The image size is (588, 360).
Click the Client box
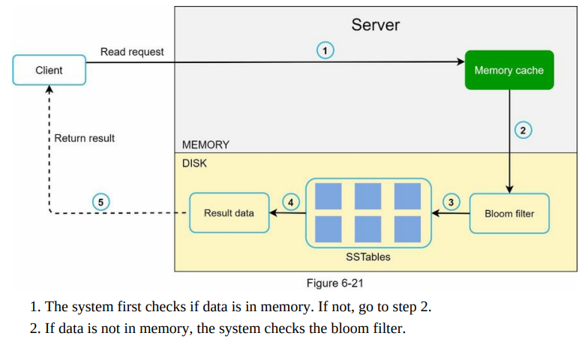tap(49, 70)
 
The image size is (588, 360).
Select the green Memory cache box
tap(509, 70)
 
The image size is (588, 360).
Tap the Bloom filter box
tap(509, 213)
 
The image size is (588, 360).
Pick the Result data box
tap(229, 213)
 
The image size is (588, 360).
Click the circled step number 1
tap(325, 51)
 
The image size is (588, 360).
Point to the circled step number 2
tap(523, 130)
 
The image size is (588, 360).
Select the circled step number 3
tap(451, 202)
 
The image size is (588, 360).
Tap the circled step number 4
tap(291, 202)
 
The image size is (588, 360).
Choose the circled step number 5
tap(100, 202)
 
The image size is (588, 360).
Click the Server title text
tap(375, 25)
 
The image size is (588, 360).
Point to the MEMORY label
tap(205, 145)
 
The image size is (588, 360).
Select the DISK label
tap(194, 163)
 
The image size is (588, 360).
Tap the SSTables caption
tap(367, 256)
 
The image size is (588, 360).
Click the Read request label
tap(132, 52)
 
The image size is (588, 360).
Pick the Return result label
tap(84, 138)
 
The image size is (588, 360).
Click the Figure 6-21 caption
tap(334, 283)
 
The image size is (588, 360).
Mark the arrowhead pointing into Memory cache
tap(460, 61)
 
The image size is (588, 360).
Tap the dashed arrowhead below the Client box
tap(49, 89)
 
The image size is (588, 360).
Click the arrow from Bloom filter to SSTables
tap(451, 213)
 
